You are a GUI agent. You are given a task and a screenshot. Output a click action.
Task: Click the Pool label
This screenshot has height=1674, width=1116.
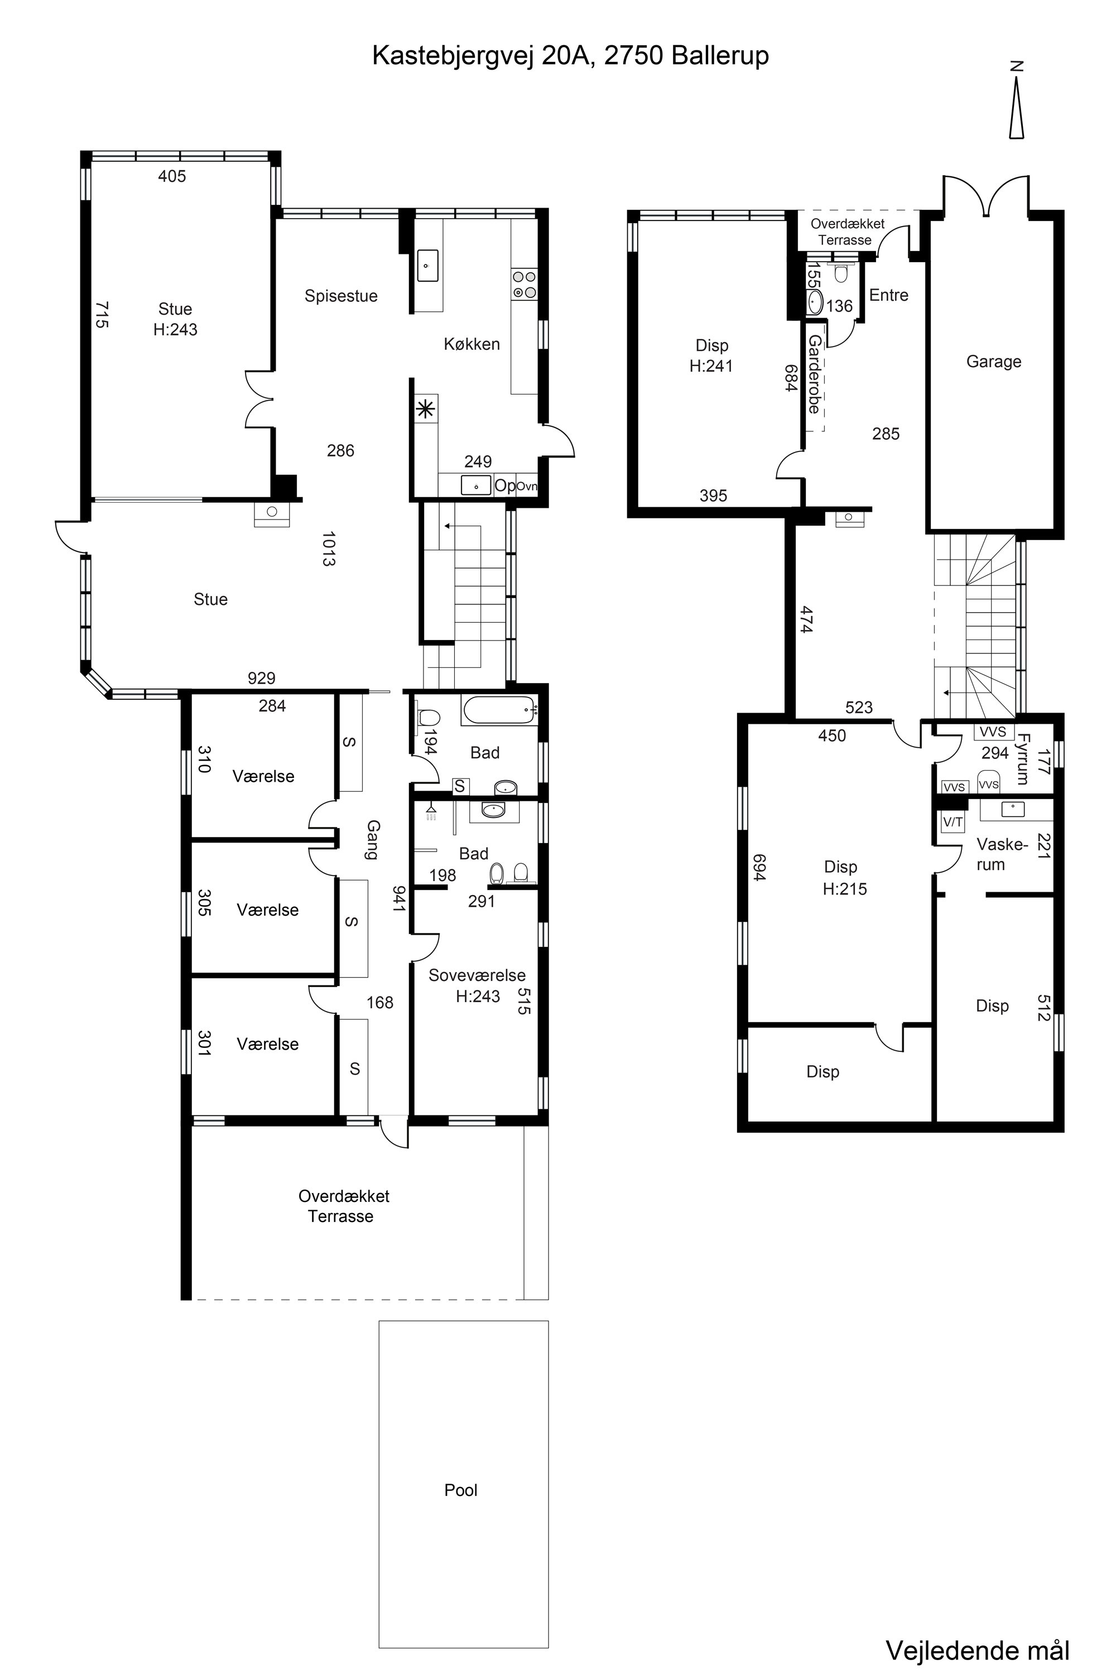(x=460, y=1490)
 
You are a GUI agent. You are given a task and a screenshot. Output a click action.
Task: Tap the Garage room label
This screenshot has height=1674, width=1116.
(x=994, y=362)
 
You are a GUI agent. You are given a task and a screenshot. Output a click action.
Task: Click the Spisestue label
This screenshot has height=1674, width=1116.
(x=341, y=296)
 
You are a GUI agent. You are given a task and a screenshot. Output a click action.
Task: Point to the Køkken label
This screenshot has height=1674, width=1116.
(x=472, y=344)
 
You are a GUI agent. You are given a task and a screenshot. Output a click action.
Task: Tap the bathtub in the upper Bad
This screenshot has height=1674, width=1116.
(x=499, y=710)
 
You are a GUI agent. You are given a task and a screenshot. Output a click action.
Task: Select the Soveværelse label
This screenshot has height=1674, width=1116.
(x=477, y=975)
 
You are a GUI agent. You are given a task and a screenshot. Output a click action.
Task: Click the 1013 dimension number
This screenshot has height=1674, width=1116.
(x=328, y=549)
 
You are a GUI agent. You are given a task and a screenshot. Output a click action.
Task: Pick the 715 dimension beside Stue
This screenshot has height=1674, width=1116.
(x=102, y=315)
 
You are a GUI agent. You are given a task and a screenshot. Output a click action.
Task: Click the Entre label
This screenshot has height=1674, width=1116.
(x=889, y=295)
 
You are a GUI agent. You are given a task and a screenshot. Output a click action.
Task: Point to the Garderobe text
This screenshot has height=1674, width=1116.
(x=814, y=375)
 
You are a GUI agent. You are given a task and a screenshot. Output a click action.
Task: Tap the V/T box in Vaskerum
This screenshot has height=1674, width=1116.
(x=953, y=822)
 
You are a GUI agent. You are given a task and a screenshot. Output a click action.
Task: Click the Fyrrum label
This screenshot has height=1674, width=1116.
(x=1023, y=759)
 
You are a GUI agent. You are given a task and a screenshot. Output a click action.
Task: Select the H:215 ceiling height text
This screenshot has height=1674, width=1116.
(x=845, y=888)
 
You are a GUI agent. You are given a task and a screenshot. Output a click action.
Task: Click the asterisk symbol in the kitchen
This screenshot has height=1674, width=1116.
(x=425, y=408)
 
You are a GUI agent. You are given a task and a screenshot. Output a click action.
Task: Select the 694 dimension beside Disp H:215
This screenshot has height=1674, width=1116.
(x=759, y=868)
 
